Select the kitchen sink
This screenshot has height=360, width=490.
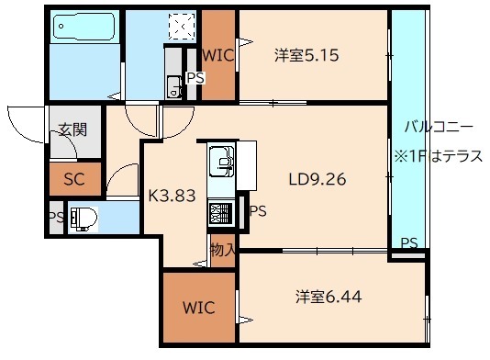coord(221,162)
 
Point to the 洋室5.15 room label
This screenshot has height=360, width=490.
coord(306,55)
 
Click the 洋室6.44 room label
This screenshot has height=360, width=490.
coord(328,297)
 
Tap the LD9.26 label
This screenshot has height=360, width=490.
coord(317,179)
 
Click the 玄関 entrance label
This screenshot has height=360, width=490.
coord(72,129)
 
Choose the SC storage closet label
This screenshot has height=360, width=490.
coord(74,179)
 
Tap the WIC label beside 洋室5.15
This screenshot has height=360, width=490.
coord(218,55)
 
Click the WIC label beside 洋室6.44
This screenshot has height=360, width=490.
coord(198,307)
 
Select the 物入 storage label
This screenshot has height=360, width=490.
coord(222,249)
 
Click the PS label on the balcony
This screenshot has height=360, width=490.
coord(409,243)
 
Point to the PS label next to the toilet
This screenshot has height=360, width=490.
coord(56,218)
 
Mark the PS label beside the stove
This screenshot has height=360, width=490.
coord(258,211)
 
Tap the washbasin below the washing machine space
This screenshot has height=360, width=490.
coord(174,86)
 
